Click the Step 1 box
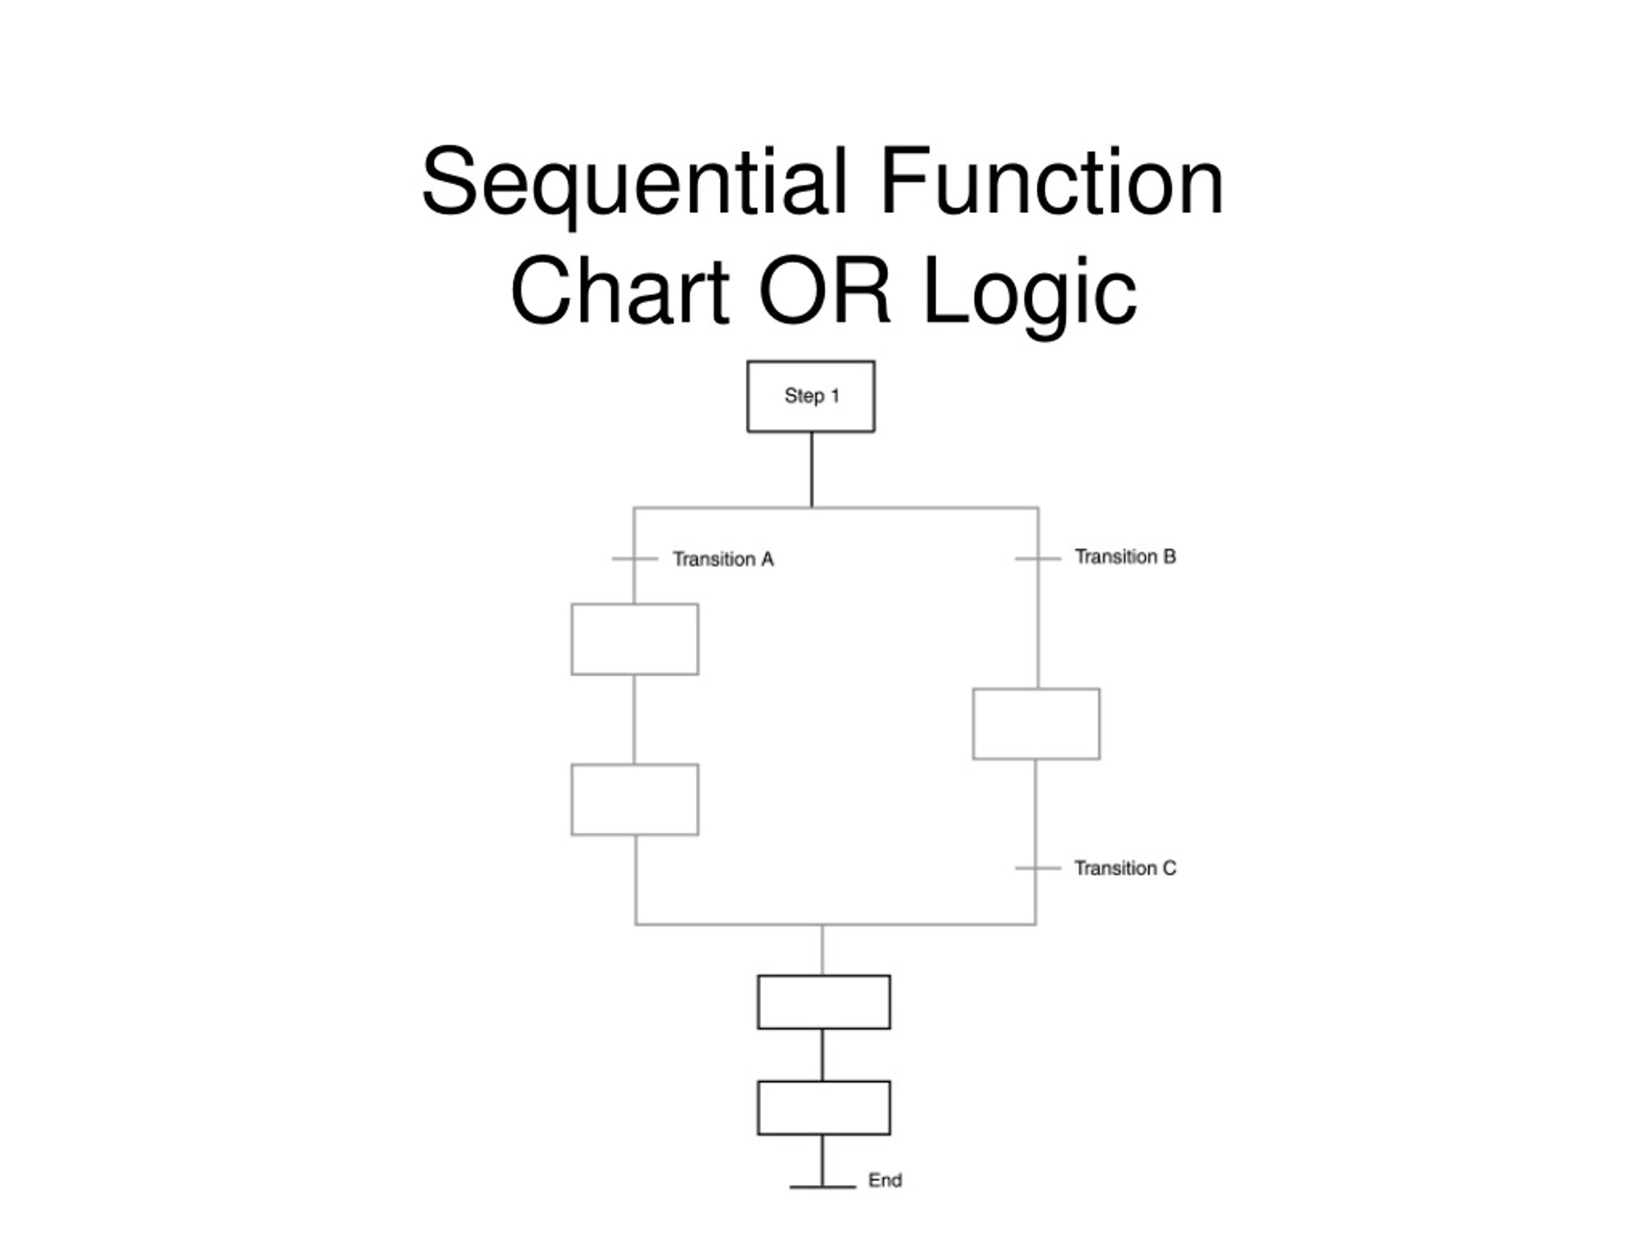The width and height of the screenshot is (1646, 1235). click(810, 396)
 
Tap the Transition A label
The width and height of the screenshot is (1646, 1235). click(723, 559)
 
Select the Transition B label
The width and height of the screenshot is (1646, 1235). click(1125, 557)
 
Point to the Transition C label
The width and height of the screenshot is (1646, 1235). click(1125, 868)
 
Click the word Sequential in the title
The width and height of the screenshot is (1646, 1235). click(634, 183)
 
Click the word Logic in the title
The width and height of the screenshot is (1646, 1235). click(1030, 295)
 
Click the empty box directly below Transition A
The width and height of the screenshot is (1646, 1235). click(635, 639)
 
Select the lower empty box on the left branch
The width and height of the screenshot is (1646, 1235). click(635, 800)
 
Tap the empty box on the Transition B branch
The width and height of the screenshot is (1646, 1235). click(1036, 724)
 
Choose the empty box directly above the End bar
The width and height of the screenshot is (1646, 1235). click(824, 1108)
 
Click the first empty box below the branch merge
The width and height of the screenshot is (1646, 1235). click(824, 1002)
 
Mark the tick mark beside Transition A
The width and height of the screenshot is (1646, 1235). click(635, 558)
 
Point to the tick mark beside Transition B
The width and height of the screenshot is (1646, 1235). click(1038, 558)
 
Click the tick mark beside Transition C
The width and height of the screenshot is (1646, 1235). click(1038, 868)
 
